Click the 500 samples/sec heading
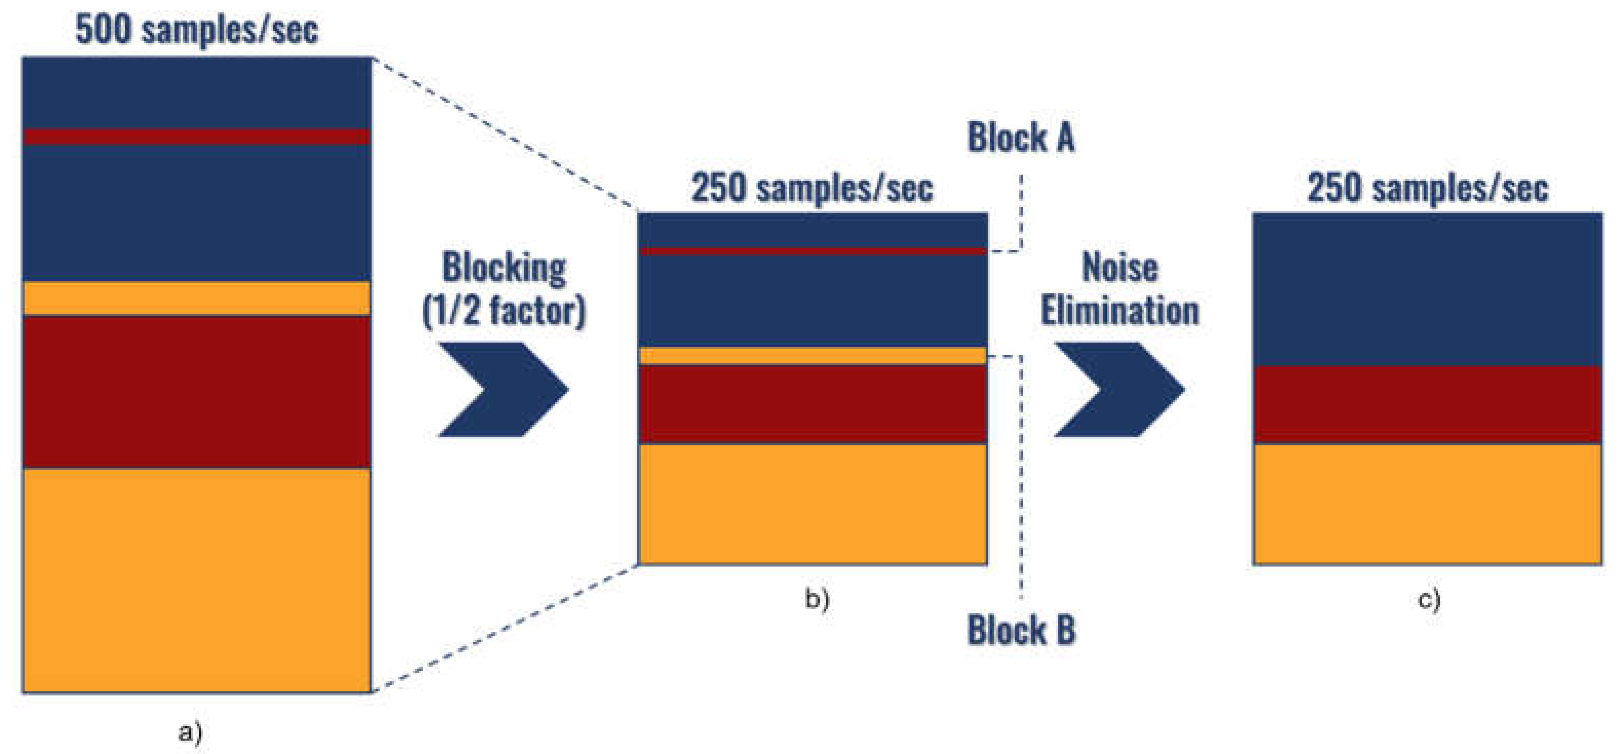(197, 30)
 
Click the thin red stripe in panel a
(196, 136)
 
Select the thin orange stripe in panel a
(196, 298)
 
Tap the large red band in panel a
(196, 392)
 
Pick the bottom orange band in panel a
(196, 580)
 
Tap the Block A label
(1021, 138)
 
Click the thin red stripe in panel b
(812, 252)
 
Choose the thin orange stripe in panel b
(812, 356)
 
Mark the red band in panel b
(812, 404)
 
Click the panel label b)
(817, 598)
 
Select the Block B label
(1021, 630)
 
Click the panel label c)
(1429, 599)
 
